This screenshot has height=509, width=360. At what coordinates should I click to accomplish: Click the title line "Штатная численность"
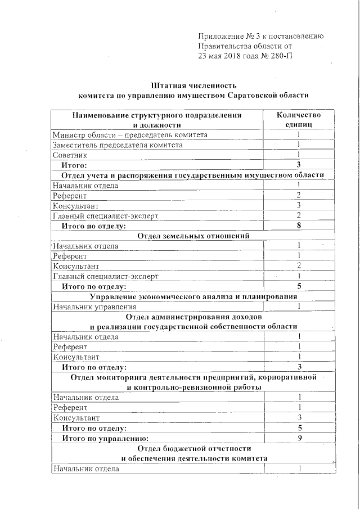pos(193,86)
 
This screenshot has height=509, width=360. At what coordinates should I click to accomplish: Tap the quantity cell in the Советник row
pos(299,155)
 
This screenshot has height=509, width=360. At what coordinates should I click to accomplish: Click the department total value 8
pos(299,226)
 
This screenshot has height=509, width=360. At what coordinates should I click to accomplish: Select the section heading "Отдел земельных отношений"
pos(193,236)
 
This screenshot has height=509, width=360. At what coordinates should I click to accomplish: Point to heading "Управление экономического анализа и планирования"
pos(193,296)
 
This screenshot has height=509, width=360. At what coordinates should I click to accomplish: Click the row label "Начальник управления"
pos(94,307)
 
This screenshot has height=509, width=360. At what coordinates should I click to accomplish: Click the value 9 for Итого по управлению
pos(299,438)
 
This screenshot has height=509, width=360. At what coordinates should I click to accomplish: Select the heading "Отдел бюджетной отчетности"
pos(193,448)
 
